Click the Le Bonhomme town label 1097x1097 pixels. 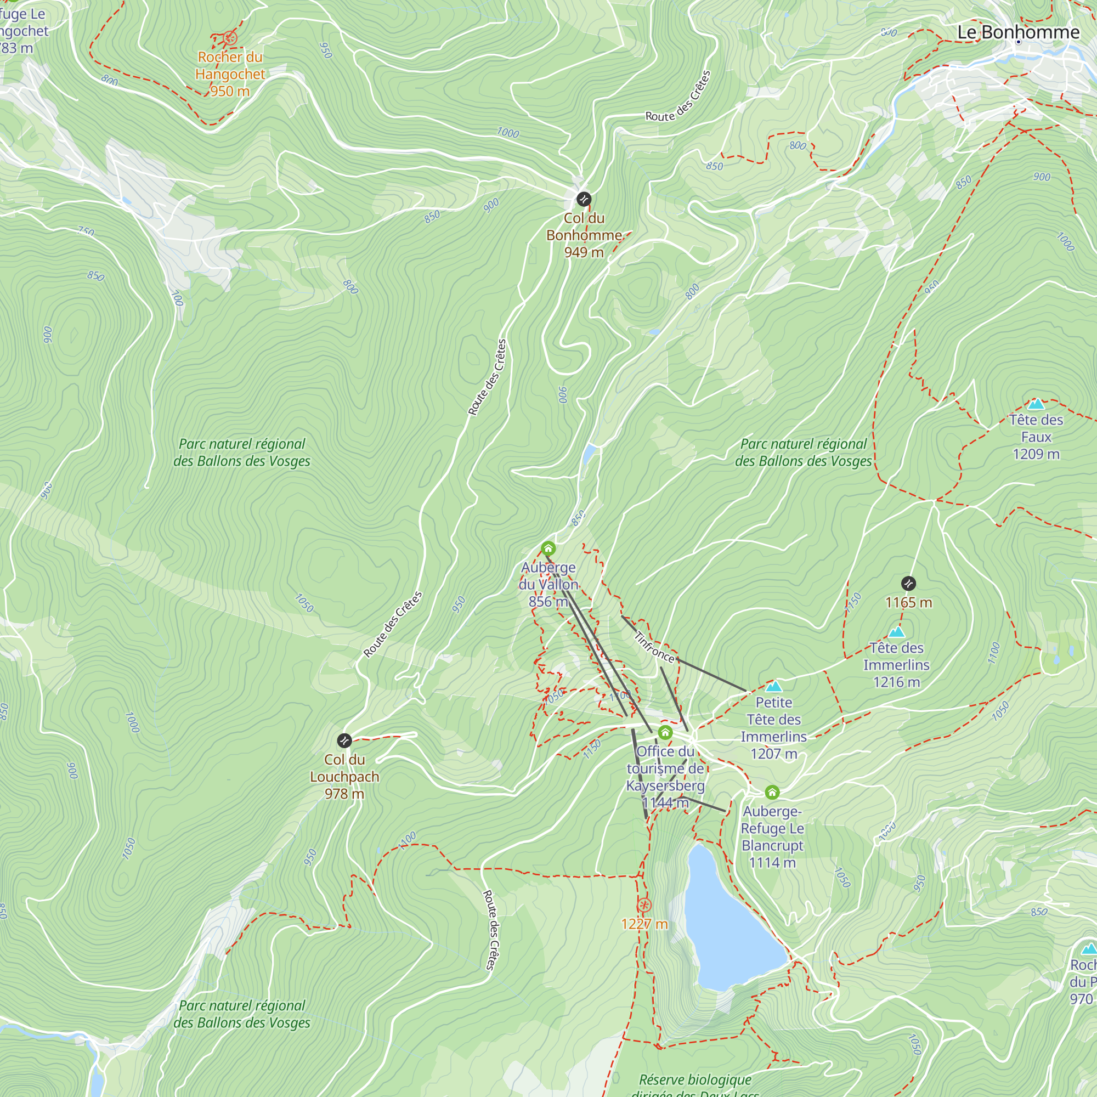(1018, 32)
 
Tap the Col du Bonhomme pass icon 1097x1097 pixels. (584, 199)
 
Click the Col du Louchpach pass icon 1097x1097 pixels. (344, 740)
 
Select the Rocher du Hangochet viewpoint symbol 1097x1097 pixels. (230, 38)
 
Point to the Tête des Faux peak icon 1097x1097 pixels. (1036, 404)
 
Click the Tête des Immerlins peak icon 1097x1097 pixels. (896, 632)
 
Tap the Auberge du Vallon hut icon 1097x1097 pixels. (548, 548)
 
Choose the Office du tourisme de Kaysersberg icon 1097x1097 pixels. (665, 732)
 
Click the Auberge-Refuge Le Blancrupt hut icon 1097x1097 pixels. (772, 792)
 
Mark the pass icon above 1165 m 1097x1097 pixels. (908, 583)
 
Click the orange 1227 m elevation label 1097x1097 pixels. (644, 924)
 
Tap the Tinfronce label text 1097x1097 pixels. (654, 647)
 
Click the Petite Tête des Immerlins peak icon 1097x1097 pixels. (774, 687)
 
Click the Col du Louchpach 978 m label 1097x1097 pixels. (344, 777)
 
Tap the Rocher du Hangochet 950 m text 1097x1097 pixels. (230, 74)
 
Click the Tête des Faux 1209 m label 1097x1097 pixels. (1036, 437)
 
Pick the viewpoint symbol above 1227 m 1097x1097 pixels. (644, 905)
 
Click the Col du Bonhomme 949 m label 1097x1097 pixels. (584, 235)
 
